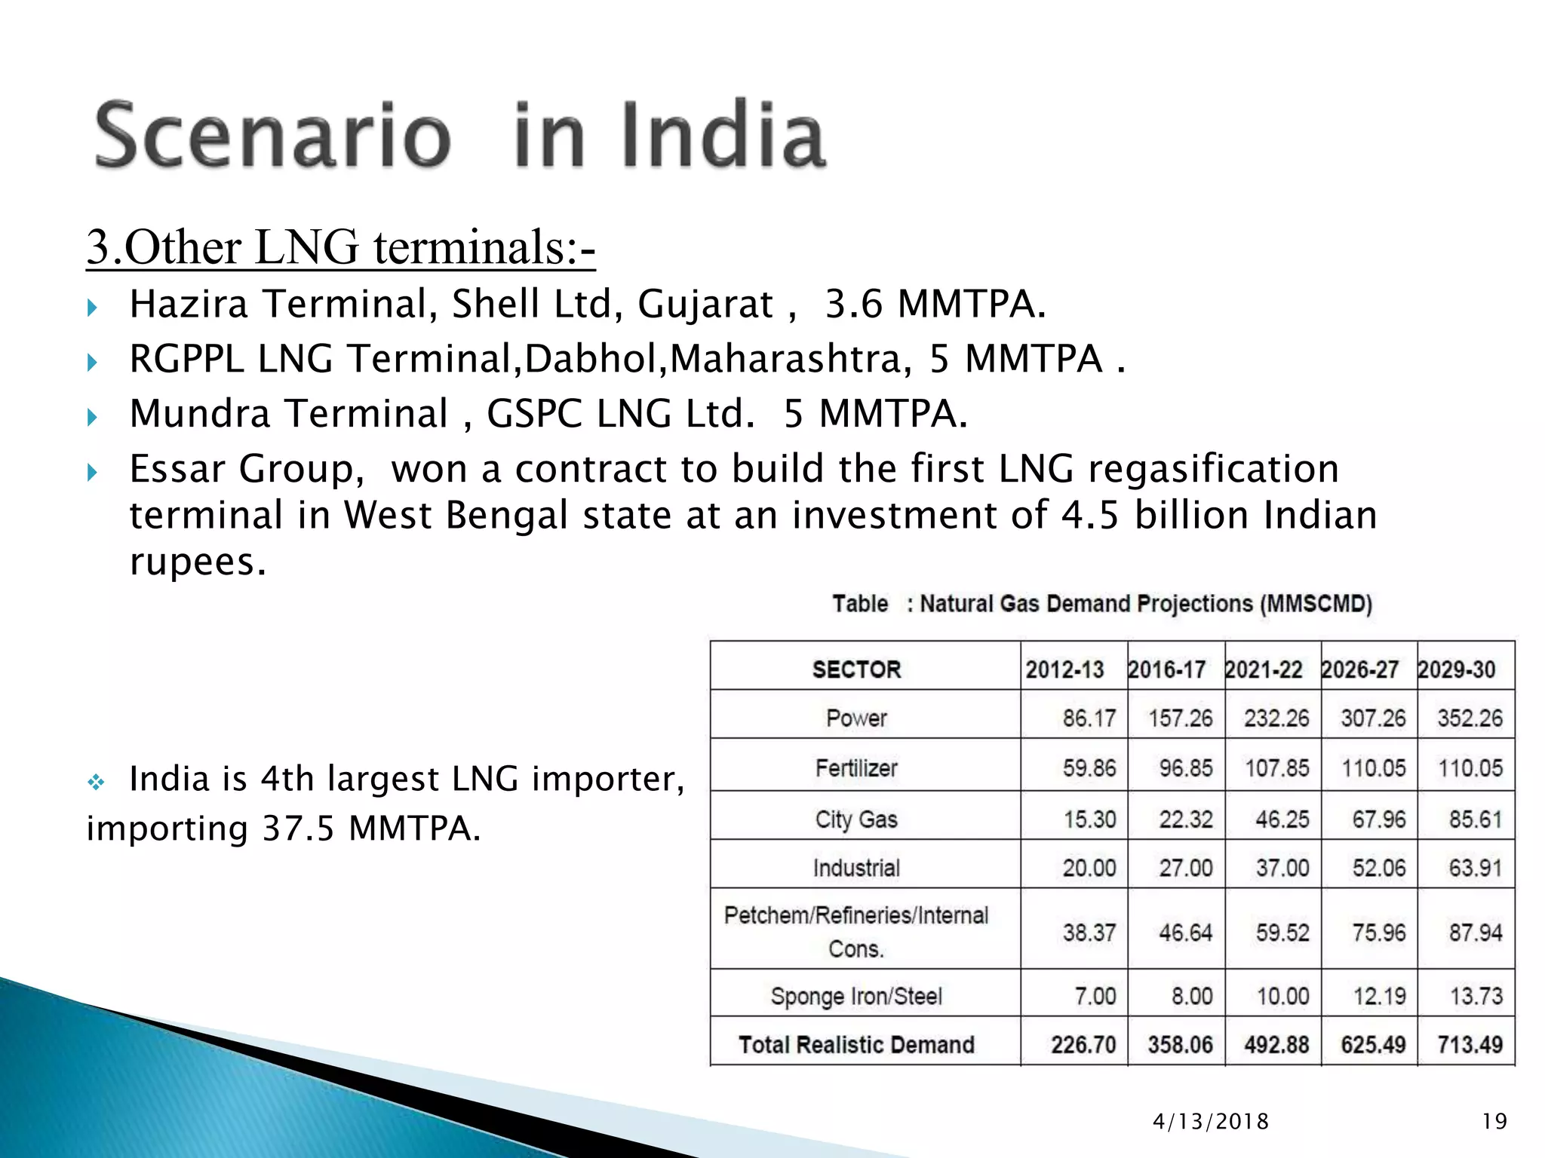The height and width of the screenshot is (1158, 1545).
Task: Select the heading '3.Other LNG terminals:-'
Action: (x=340, y=247)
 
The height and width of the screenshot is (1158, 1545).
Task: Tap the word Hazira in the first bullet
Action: (x=189, y=305)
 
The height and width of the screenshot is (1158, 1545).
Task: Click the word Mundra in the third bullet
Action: (x=200, y=414)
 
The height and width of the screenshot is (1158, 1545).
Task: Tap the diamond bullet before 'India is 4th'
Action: (x=96, y=783)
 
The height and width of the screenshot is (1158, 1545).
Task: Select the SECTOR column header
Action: (x=856, y=669)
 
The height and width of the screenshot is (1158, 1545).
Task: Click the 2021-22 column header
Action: (x=1264, y=669)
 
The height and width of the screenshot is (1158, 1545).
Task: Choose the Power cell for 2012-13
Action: (x=1089, y=718)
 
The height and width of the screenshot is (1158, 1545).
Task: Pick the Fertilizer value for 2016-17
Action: (x=1185, y=768)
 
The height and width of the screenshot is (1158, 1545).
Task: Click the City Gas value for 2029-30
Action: (x=1475, y=819)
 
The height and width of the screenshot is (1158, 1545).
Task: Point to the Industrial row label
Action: (x=856, y=868)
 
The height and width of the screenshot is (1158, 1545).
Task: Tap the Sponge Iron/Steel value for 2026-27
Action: (x=1379, y=996)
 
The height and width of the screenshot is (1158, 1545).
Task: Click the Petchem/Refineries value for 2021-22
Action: (x=1282, y=933)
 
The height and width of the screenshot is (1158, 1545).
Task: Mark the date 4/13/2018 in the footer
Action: (x=1211, y=1122)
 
